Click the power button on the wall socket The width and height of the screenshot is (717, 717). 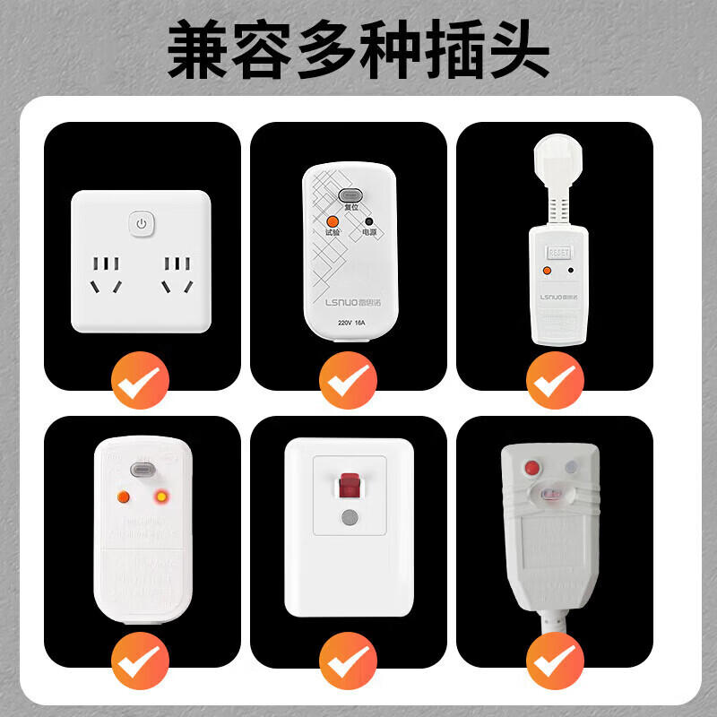click(x=142, y=223)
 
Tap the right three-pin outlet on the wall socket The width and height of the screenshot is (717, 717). click(x=176, y=276)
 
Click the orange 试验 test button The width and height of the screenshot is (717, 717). click(x=333, y=220)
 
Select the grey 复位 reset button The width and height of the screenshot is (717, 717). click(x=349, y=194)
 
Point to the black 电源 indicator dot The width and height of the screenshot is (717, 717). click(x=368, y=221)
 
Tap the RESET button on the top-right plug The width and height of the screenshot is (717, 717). click(x=559, y=241)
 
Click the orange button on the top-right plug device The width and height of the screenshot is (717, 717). click(x=546, y=269)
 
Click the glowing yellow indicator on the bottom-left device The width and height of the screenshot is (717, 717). click(x=161, y=496)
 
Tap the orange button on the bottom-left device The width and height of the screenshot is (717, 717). click(x=124, y=496)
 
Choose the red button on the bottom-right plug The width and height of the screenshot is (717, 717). click(x=535, y=468)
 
